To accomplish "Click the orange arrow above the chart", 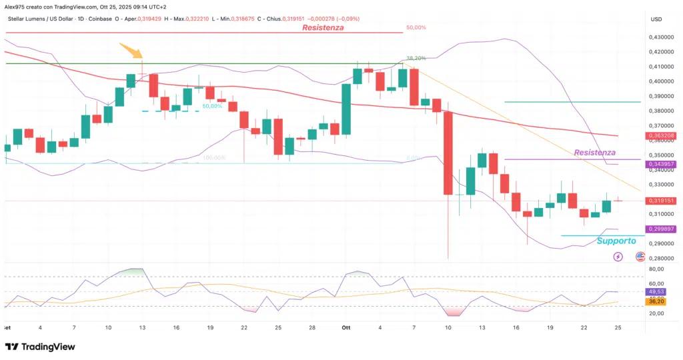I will pos(131,51).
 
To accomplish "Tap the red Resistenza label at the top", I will pos(323,28).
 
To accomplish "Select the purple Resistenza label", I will pos(595,153).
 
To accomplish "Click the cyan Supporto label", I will pos(616,241).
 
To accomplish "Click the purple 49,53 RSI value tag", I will pos(656,291).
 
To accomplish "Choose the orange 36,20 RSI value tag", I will pos(656,301).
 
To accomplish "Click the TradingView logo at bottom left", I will pos(40,347).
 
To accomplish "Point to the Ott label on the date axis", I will pos(346,328).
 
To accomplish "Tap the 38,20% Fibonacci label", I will pos(416,58).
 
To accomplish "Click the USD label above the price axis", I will pos(656,19).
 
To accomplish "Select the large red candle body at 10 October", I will pos(448,153).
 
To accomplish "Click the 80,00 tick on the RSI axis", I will pos(656,269).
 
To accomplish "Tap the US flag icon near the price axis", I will pos(640,257).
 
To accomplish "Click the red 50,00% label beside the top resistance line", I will pos(416,28).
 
